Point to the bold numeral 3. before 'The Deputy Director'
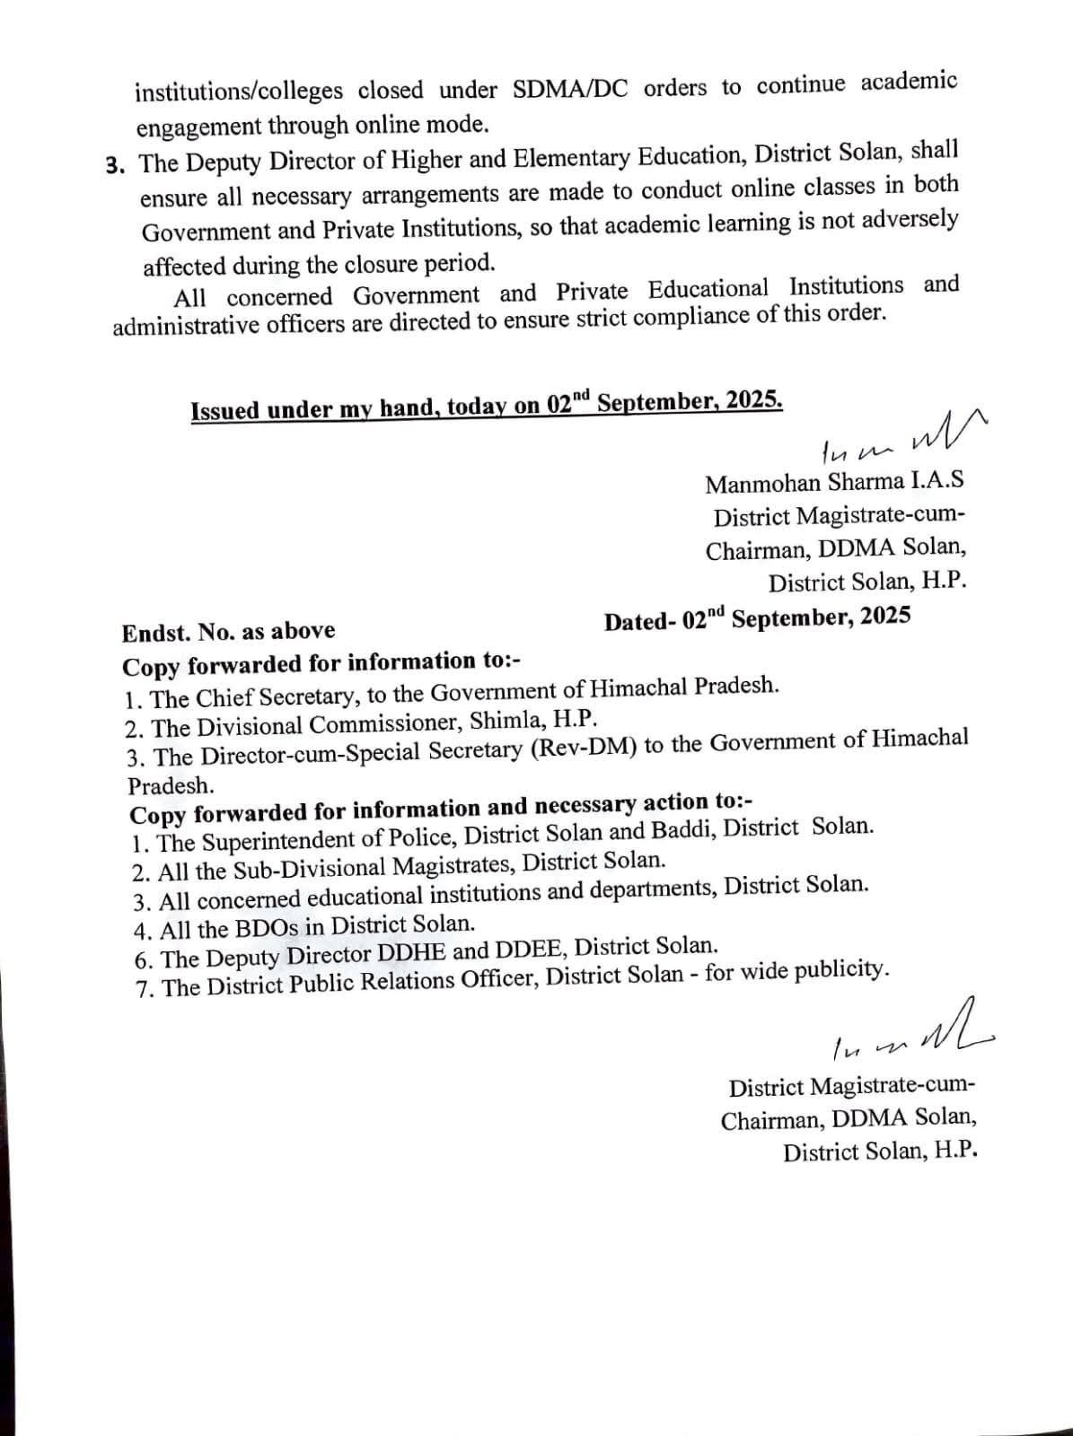(x=116, y=165)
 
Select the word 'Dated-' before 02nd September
(x=640, y=622)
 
